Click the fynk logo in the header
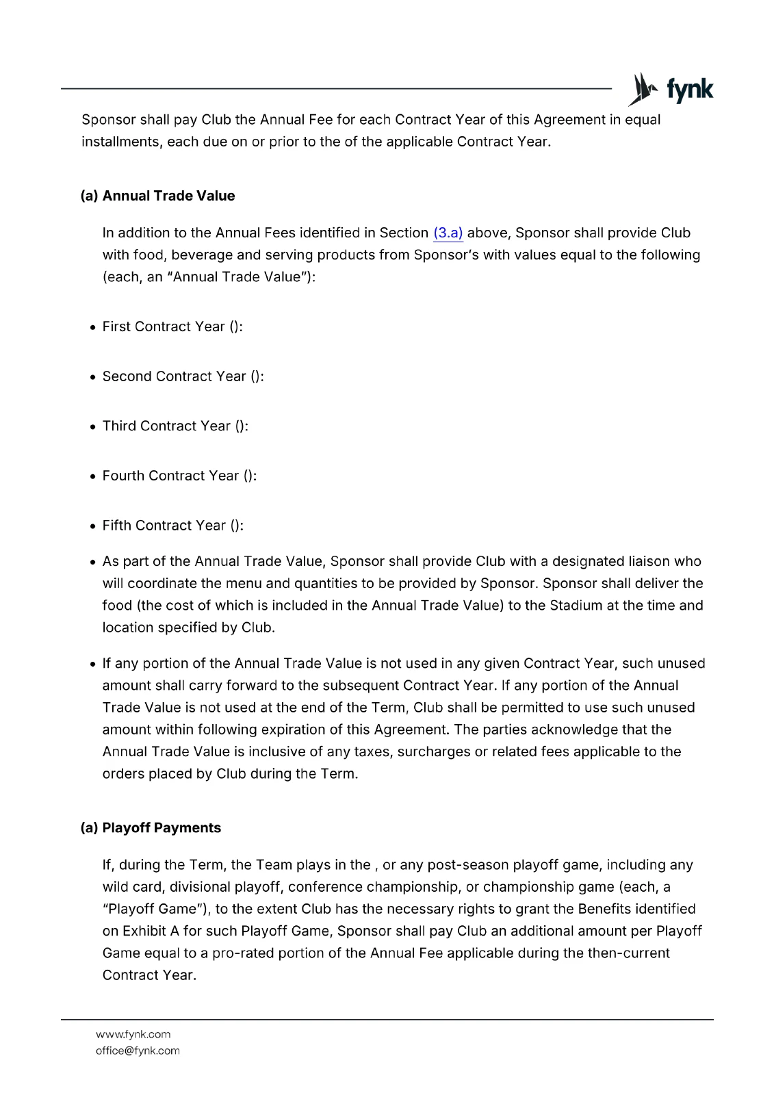(x=671, y=90)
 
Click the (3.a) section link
(x=448, y=233)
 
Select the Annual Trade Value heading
(x=157, y=196)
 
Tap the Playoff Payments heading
(x=151, y=828)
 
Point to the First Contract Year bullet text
(x=172, y=327)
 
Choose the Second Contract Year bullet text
(x=183, y=377)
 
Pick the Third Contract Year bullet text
(x=175, y=426)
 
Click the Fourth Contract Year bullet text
(x=179, y=476)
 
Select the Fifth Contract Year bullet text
(x=172, y=526)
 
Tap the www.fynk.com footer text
(x=133, y=1035)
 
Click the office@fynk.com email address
(x=138, y=1051)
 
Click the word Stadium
(x=573, y=606)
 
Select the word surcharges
(x=434, y=752)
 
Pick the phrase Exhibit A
(x=151, y=931)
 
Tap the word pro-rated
(x=243, y=953)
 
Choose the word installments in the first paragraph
(x=121, y=142)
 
